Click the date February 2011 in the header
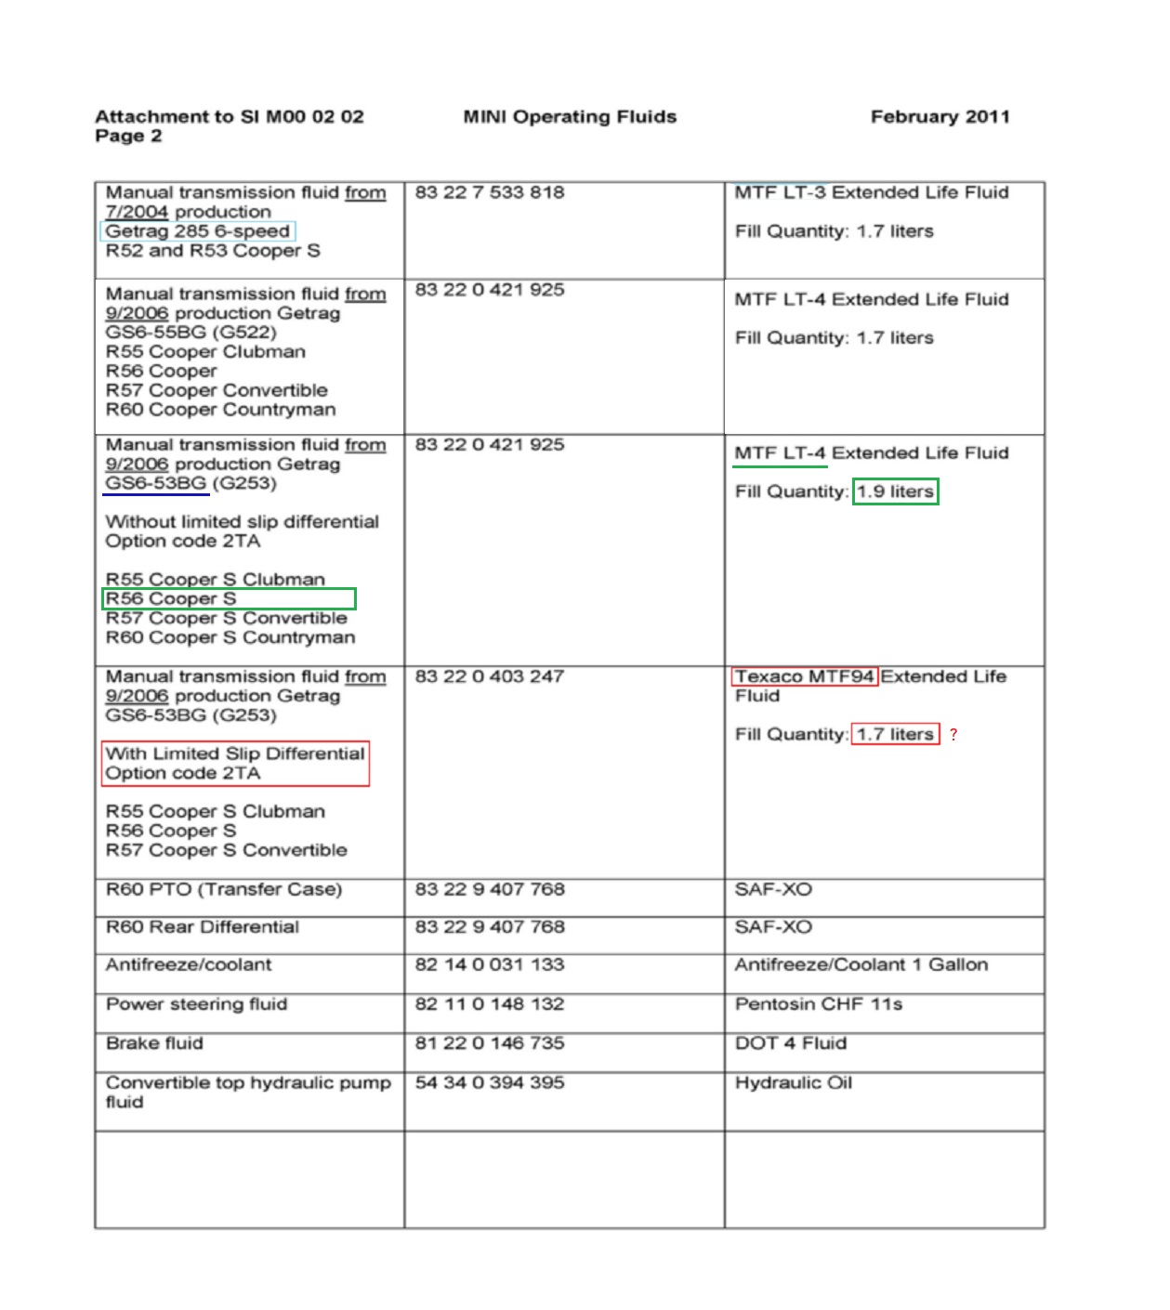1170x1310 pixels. click(x=940, y=117)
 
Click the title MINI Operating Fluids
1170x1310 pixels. click(x=570, y=117)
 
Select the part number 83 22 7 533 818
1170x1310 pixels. click(x=490, y=192)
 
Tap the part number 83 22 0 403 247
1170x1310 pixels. click(x=490, y=676)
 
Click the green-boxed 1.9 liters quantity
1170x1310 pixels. click(x=896, y=491)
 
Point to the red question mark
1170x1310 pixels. click(x=953, y=735)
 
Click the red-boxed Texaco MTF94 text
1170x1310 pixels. click(x=805, y=676)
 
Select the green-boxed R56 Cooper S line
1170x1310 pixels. click(x=229, y=599)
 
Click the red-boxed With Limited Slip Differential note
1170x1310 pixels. click(x=235, y=764)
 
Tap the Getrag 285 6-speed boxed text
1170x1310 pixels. click(x=198, y=231)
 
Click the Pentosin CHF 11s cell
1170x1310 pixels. click(x=819, y=1004)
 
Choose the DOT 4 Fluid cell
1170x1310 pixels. click(x=791, y=1043)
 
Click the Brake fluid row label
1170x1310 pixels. click(x=154, y=1043)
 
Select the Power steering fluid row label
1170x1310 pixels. click(x=197, y=1004)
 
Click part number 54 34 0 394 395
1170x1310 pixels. click(x=490, y=1082)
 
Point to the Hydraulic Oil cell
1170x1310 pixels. click(x=794, y=1082)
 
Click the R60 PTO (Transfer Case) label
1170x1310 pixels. click(x=224, y=889)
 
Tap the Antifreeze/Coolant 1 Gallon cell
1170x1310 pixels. click(x=861, y=964)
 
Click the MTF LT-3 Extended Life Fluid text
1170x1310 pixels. click(x=872, y=192)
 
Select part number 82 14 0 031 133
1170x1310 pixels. click(x=490, y=964)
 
